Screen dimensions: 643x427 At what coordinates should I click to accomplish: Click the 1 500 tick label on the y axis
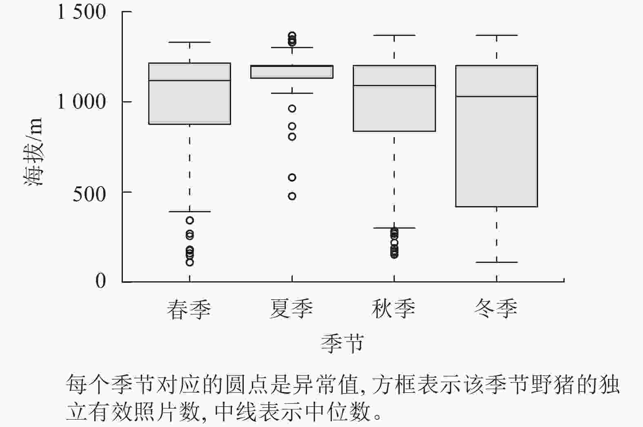pyautogui.click(x=82, y=12)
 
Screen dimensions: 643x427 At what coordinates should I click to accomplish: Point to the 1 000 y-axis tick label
pyautogui.click(x=82, y=102)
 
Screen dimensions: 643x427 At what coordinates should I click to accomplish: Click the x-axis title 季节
pyautogui.click(x=342, y=343)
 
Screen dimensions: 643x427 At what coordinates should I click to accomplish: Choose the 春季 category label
pyautogui.click(x=189, y=309)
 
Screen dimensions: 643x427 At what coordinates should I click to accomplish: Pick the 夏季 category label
pyautogui.click(x=291, y=309)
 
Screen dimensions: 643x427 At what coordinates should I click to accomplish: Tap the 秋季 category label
pyautogui.click(x=394, y=309)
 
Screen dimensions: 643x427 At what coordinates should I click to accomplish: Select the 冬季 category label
pyautogui.click(x=496, y=309)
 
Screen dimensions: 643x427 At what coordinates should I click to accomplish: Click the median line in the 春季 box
pyautogui.click(x=190, y=81)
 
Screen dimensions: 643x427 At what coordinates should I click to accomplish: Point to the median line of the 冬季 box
pyautogui.click(x=496, y=96)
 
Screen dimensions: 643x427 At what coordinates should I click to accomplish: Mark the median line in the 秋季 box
pyautogui.click(x=394, y=85)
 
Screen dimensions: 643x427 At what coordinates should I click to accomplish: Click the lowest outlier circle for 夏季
pyautogui.click(x=292, y=196)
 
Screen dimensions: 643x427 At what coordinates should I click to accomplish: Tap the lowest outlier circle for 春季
pyautogui.click(x=190, y=262)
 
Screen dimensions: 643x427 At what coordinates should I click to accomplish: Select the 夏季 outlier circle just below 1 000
pyautogui.click(x=292, y=109)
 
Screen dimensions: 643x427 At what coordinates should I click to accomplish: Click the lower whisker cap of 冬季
pyautogui.click(x=496, y=262)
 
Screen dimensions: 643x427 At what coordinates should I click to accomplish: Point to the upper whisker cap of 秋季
pyautogui.click(x=394, y=35)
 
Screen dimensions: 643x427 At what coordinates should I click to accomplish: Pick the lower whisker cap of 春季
pyautogui.click(x=190, y=211)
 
